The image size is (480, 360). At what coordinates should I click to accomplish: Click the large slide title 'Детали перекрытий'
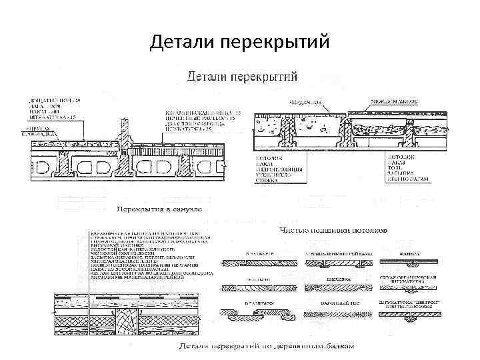240,42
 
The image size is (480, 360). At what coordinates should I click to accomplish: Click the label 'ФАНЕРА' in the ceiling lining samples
407,254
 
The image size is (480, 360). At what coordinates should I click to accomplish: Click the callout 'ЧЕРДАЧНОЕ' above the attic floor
303,102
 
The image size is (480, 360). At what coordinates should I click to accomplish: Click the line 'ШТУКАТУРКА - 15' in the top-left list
53,117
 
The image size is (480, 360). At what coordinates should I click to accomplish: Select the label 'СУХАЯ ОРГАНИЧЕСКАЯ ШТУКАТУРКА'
410,280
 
